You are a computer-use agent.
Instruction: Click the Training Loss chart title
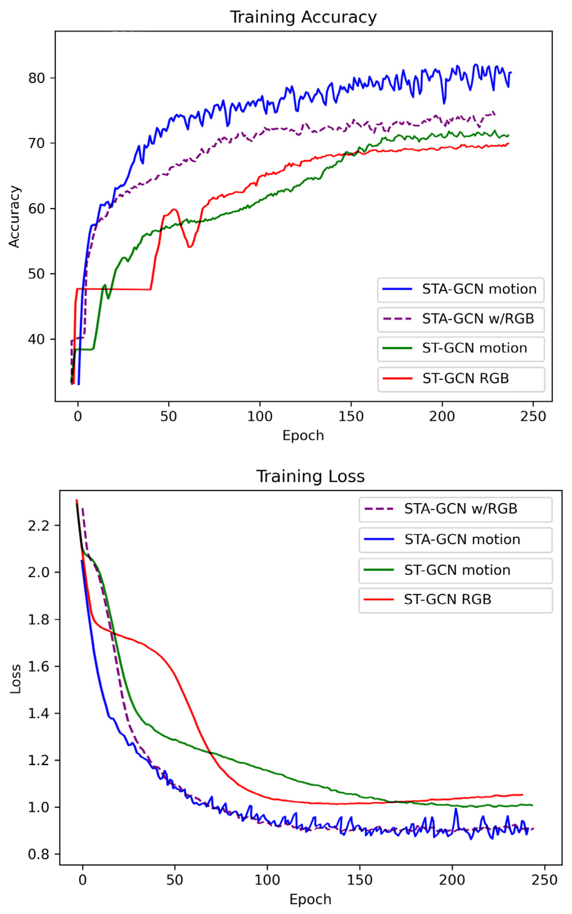coord(310,476)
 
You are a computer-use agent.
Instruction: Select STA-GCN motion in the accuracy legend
coord(479,289)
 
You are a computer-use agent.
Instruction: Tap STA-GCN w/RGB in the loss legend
coord(460,509)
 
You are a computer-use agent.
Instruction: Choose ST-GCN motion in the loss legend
coord(457,570)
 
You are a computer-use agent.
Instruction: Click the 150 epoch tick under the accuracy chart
coord(351,416)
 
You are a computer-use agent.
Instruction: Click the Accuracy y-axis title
coord(14,217)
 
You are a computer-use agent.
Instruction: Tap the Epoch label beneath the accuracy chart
coord(303,436)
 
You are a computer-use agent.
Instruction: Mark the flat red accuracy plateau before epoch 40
coord(113,289)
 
